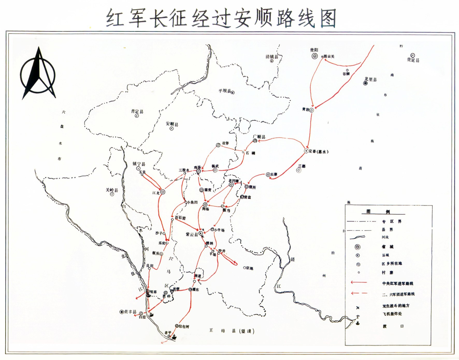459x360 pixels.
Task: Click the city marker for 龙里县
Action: [x=365, y=83]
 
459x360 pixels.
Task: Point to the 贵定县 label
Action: [x=413, y=60]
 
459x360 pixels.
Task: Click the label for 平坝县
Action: [x=224, y=91]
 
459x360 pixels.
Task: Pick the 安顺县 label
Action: [x=172, y=124]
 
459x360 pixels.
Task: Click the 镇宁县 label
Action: [x=139, y=164]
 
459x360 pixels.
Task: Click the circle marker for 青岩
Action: [x=312, y=110]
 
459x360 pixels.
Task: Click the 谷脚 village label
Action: [x=346, y=74]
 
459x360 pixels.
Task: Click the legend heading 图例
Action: [x=372, y=212]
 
